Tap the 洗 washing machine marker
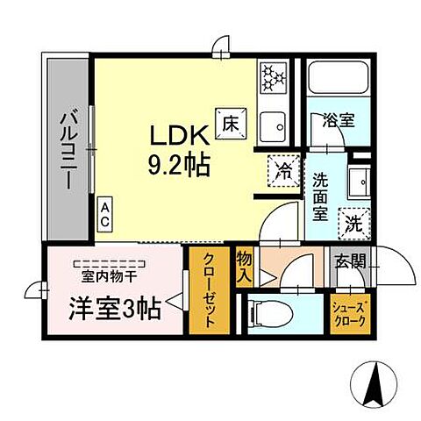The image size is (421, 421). point(354,222)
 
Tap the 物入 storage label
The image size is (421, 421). point(246,268)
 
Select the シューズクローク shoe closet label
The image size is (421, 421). point(349,313)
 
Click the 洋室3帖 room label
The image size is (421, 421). point(115,308)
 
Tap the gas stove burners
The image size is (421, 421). point(274,76)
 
